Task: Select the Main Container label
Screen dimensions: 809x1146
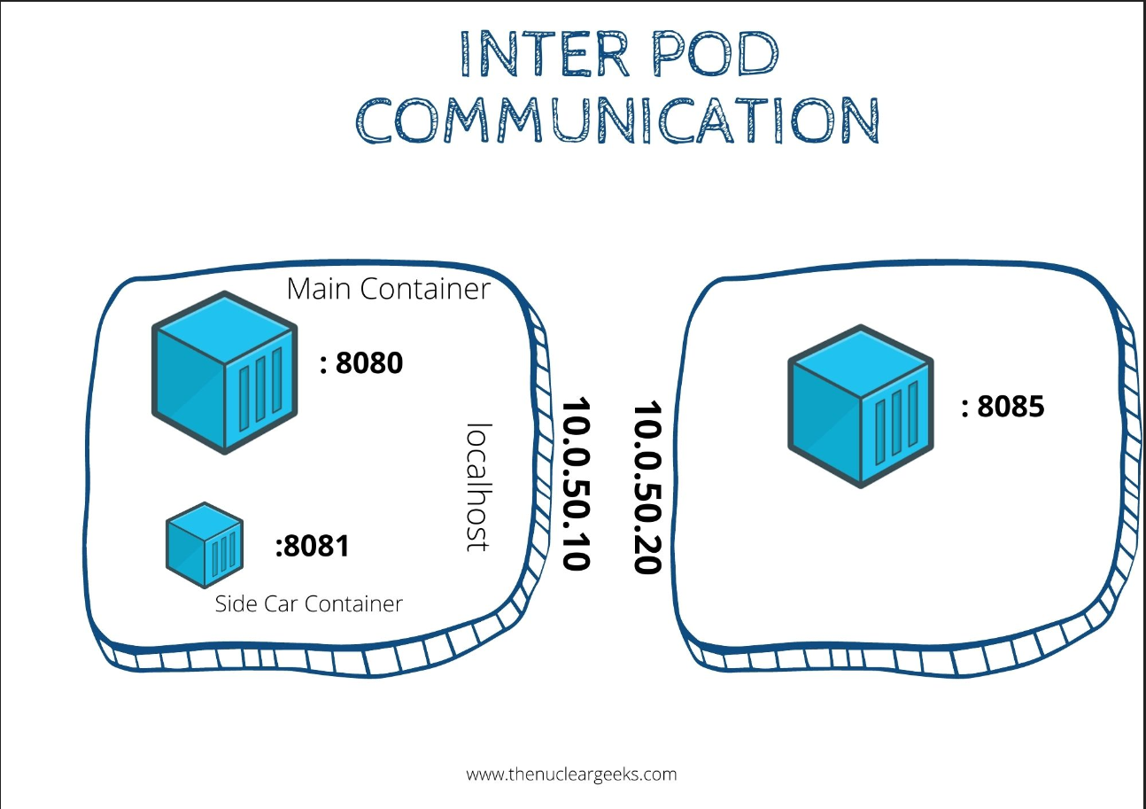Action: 388,289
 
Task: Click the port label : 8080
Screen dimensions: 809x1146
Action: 361,362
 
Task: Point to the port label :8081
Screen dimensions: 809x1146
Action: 312,546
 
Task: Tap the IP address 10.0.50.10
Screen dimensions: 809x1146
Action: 576,484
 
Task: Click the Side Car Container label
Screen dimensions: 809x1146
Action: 308,604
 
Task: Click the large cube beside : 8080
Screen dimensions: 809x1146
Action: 225,372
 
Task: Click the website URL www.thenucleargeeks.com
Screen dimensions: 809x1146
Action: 571,774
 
